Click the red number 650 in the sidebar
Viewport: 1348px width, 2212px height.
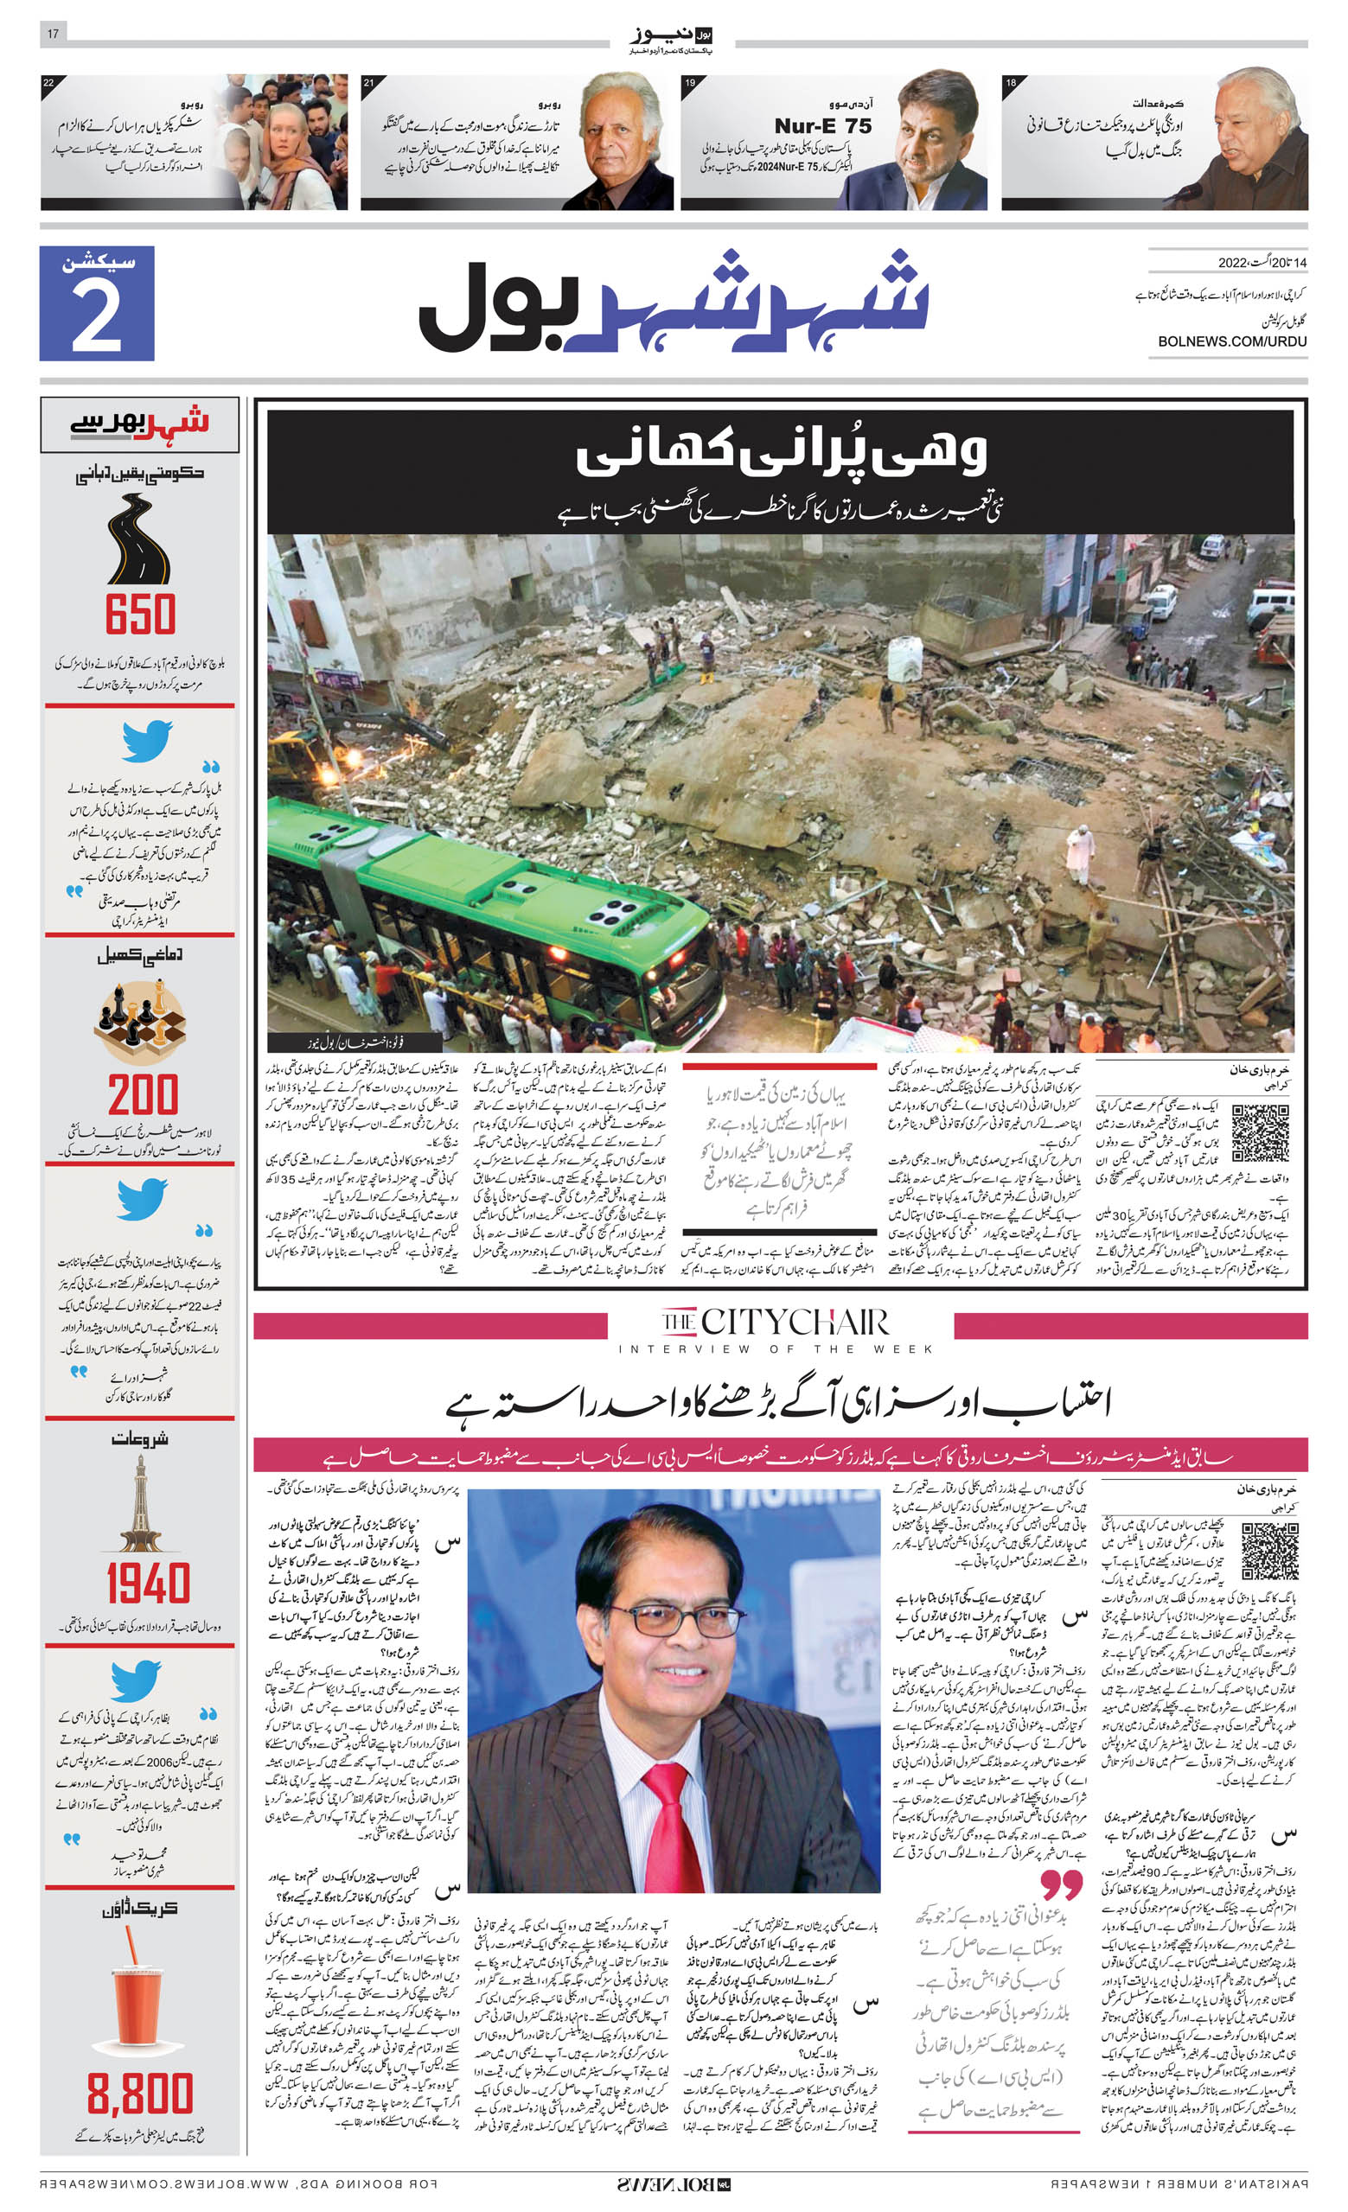click(140, 615)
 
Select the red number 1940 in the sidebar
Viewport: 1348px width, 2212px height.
click(147, 1584)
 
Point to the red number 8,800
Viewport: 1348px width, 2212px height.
click(140, 2094)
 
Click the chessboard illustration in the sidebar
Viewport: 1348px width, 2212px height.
click(140, 1023)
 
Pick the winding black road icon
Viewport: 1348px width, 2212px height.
click(138, 539)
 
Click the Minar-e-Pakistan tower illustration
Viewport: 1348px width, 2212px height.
click(140, 1504)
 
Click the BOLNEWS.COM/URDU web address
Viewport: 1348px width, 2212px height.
click(1231, 341)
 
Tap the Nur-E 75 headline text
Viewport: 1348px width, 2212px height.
click(822, 126)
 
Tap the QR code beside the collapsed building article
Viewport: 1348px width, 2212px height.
click(1259, 1134)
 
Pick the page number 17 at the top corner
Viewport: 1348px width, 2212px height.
click(53, 33)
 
